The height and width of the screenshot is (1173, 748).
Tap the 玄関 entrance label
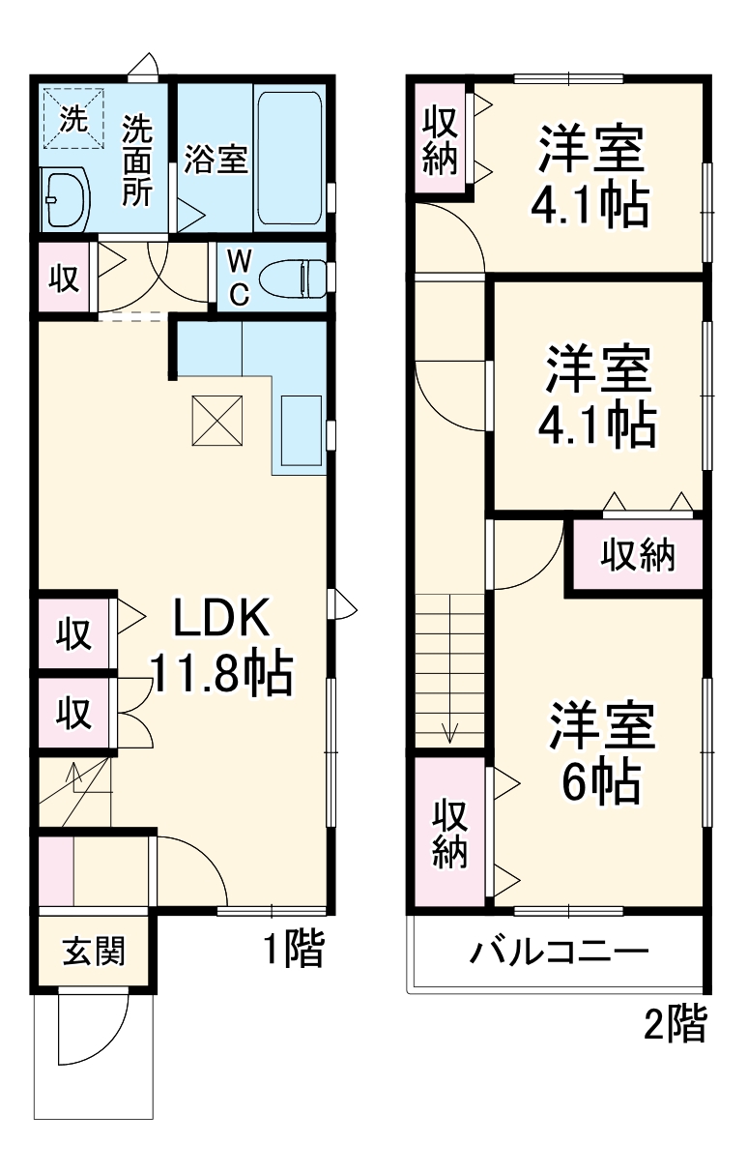coord(94,952)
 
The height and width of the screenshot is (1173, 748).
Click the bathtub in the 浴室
coord(289,160)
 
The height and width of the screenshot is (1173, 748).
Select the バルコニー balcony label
coord(559,953)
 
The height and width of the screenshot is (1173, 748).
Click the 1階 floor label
coord(293,951)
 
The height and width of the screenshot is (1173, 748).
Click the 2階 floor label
coord(676,1024)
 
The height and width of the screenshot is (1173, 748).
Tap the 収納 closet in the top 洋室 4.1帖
coord(440,141)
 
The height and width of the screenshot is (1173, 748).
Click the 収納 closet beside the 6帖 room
coord(449,832)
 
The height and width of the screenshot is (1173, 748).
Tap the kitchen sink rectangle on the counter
coord(302,429)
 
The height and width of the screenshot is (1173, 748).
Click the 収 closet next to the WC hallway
coord(64,279)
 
